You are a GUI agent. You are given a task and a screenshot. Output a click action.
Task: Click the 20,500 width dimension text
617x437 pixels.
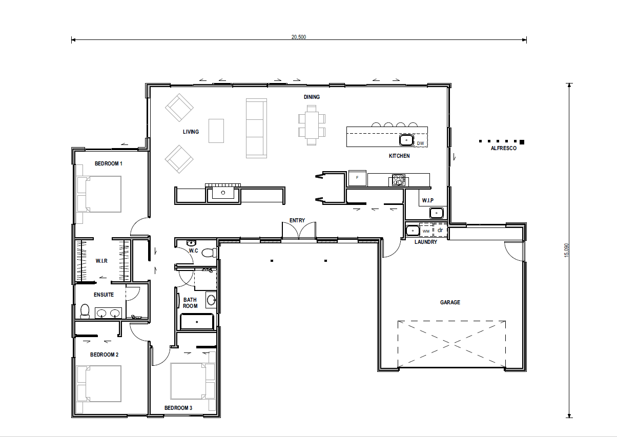pos(299,37)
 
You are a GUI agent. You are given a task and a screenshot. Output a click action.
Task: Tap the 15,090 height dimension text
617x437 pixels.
pos(566,251)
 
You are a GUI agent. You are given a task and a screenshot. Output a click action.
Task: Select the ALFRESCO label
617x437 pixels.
pos(503,149)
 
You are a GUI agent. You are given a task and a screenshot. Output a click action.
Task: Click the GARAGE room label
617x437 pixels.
pos(450,302)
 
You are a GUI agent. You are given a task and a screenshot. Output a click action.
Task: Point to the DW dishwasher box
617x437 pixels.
pos(421,143)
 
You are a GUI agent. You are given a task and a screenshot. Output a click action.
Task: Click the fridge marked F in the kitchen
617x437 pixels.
pos(357,178)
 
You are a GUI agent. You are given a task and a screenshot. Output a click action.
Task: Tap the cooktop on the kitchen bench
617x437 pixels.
pos(398,180)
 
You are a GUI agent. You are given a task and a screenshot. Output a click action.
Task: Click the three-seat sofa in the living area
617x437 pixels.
pos(256,128)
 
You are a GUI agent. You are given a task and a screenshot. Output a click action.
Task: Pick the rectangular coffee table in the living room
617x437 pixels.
pos(216,131)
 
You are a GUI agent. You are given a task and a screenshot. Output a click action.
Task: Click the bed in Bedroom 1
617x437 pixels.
pos(99,194)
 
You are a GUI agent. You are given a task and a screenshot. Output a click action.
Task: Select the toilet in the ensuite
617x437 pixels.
pos(85,311)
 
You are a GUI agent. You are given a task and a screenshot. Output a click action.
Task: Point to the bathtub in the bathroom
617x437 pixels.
pos(196,322)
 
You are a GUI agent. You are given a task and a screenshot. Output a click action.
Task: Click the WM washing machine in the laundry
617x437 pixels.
pos(426,231)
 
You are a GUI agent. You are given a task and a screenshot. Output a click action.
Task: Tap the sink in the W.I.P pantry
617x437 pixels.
pos(436,212)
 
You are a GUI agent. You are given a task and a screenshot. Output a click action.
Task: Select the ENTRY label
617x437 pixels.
pos(297,220)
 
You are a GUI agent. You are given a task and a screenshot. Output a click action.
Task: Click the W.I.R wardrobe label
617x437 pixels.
pos(101,261)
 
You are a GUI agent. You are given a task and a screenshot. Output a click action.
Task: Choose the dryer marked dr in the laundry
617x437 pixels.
pos(440,231)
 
